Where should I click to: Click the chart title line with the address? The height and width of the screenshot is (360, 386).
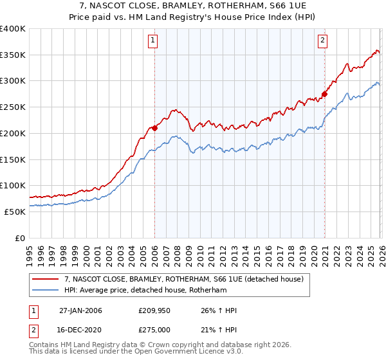click(x=193, y=5)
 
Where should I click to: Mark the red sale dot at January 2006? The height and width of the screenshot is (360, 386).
click(x=154, y=128)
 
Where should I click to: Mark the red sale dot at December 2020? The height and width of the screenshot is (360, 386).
click(x=324, y=94)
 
